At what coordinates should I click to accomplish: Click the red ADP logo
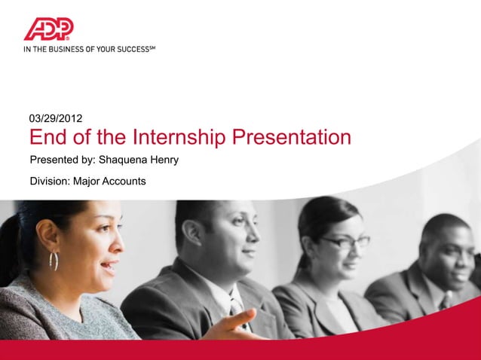pyautogui.click(x=48, y=29)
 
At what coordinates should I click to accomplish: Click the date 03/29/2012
pyautogui.click(x=56, y=118)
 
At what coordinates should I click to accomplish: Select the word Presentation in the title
pyautogui.click(x=292, y=139)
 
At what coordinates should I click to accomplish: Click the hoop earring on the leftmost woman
pyautogui.click(x=54, y=261)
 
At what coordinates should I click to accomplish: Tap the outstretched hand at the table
pyautogui.click(x=234, y=325)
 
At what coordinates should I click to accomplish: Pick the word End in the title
pyautogui.click(x=49, y=139)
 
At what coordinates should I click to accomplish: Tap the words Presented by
pyautogui.click(x=63, y=160)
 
